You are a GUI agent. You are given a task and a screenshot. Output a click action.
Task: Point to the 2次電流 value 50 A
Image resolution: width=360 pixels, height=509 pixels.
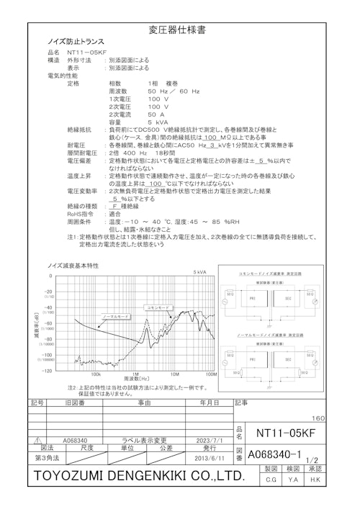coord(156,114)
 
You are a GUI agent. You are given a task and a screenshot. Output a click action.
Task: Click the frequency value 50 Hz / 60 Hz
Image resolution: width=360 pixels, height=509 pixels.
coord(174,91)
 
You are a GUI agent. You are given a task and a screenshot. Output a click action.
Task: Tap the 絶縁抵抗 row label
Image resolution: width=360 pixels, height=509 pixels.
coord(79,130)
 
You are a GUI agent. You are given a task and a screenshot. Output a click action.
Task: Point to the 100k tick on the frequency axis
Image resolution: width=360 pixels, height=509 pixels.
coord(96,374)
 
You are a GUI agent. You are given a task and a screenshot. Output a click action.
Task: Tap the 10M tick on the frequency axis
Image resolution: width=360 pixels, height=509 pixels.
coord(175,374)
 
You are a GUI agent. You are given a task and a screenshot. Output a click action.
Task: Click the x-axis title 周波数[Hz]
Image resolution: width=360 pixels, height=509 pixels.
coord(136,379)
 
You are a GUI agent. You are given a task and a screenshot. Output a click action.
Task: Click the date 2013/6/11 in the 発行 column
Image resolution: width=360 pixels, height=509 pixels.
coord(209,458)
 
